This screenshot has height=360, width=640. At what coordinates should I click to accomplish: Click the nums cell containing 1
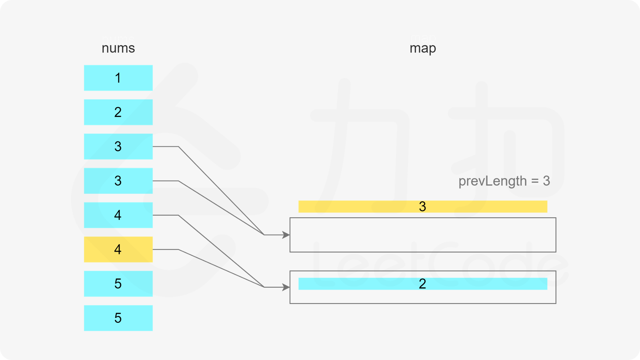[118, 78]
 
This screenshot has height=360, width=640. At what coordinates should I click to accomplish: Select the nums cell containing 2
[118, 112]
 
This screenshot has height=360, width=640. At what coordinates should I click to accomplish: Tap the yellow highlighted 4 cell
[118, 249]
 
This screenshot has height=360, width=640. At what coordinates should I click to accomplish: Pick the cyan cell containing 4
[118, 215]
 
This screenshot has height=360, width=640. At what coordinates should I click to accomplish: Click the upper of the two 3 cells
[118, 146]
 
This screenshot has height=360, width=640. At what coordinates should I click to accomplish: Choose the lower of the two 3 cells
[118, 181]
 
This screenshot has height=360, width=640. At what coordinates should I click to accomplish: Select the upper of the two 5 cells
[118, 284]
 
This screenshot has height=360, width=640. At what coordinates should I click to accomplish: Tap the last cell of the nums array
[118, 318]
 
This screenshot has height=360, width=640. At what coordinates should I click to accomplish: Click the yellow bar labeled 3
[422, 206]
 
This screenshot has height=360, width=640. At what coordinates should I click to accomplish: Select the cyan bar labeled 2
[422, 284]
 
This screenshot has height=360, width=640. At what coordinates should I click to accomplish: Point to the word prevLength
[492, 181]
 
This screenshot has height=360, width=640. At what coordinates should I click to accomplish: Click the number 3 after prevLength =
[546, 181]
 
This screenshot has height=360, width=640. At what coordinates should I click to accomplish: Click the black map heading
[423, 49]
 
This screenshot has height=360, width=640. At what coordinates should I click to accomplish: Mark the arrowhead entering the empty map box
[286, 235]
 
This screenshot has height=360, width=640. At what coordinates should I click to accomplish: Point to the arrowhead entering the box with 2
[286, 287]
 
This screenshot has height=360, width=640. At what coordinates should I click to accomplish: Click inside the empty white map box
[422, 235]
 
